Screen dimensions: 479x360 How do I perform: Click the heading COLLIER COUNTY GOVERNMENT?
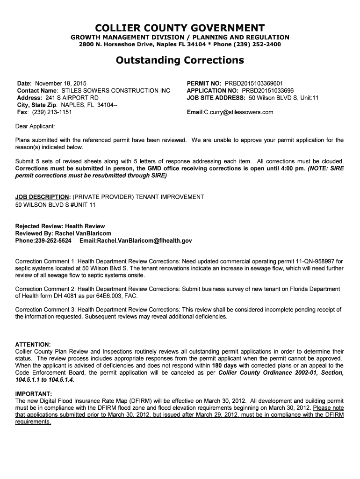[x=180, y=28]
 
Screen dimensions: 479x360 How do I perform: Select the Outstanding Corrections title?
[x=180, y=60]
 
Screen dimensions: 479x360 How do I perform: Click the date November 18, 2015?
[x=61, y=83]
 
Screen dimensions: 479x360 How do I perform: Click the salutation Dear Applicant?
[x=35, y=126]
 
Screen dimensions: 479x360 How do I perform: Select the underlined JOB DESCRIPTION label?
[x=43, y=197]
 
